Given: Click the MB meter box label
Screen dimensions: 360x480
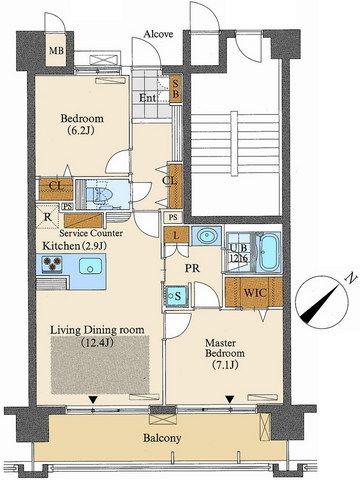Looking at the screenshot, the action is (56, 51).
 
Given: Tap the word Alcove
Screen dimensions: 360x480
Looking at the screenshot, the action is (158, 34).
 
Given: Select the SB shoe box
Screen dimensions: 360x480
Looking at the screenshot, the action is (175, 89).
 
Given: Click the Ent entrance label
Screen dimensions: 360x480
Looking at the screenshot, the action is (147, 98).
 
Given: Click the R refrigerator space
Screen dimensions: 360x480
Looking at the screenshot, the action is (48, 218).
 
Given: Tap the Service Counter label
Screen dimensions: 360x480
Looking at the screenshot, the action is (91, 233).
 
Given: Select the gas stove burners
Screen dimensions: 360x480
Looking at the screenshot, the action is (52, 263).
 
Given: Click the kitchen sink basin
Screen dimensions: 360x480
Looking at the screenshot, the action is (90, 266).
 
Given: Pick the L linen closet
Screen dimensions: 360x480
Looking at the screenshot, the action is (176, 235).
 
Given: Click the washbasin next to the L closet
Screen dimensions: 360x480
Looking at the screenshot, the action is (206, 236).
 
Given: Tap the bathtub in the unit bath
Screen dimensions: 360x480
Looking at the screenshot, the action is (269, 252).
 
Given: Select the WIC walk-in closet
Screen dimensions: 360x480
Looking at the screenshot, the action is (254, 292).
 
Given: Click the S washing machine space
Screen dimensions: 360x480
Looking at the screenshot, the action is (177, 296).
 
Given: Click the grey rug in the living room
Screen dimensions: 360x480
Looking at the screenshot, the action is (100, 364).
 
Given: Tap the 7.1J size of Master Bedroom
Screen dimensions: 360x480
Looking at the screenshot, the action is (225, 365).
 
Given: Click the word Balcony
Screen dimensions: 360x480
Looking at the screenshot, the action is (162, 438).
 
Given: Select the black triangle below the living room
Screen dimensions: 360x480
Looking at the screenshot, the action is (94, 399).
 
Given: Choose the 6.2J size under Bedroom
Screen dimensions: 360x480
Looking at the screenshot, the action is (82, 130).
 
